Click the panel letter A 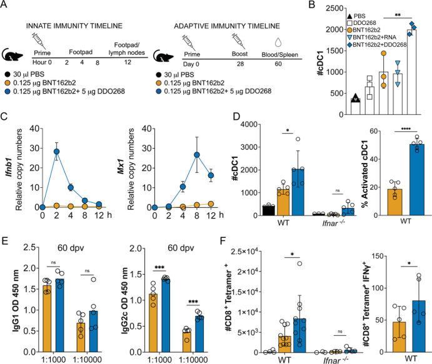point(6,6)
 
